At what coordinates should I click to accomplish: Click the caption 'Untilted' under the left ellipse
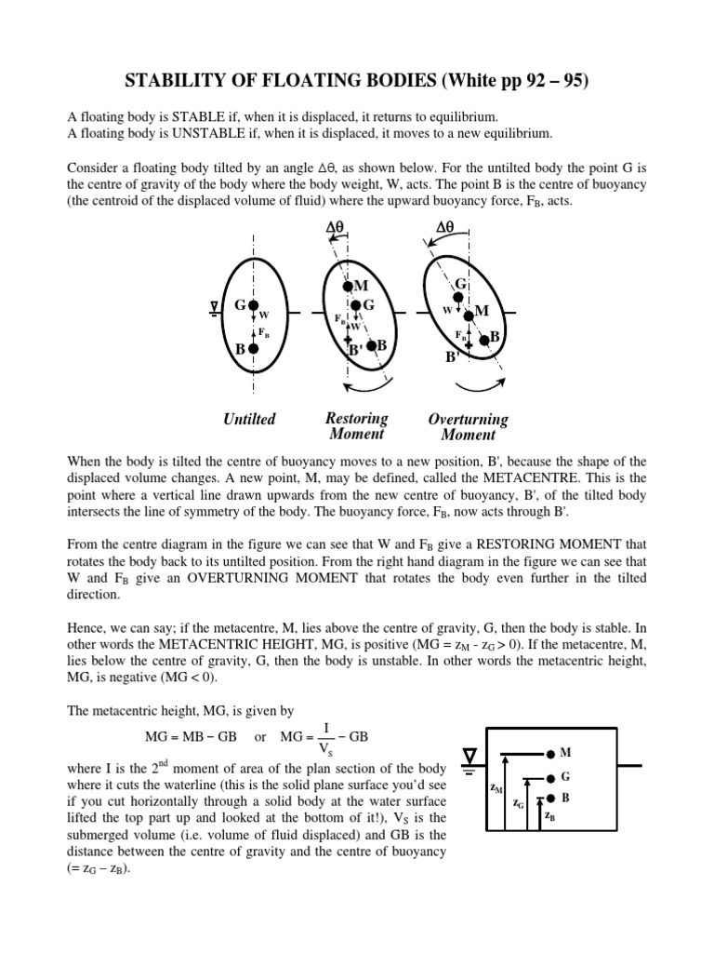click(249, 419)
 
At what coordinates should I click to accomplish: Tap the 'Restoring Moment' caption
click(357, 425)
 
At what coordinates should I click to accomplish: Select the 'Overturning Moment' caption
click(468, 427)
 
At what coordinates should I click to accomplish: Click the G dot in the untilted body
click(253, 305)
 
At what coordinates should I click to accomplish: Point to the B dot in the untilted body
click(253, 348)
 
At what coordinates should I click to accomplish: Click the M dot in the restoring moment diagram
click(347, 283)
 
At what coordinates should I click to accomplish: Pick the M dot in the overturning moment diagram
click(469, 315)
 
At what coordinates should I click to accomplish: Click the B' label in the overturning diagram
click(452, 356)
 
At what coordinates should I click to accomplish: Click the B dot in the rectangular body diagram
click(552, 798)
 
